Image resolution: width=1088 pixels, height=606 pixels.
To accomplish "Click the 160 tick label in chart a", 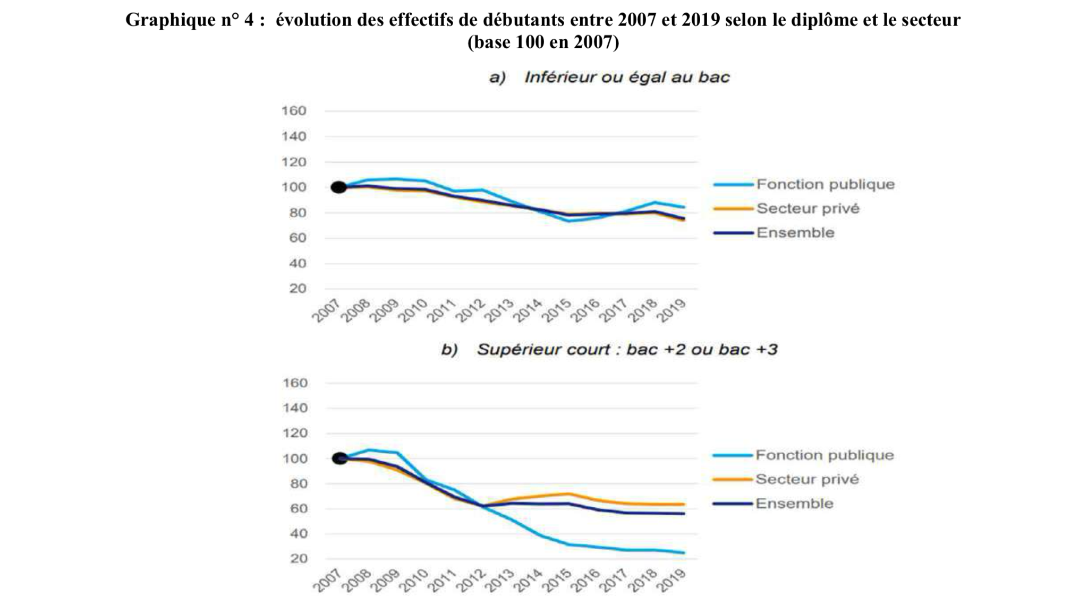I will [294, 111].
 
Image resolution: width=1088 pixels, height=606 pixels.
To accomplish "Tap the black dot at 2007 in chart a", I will [338, 187].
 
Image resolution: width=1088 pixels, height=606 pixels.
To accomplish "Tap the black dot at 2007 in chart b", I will [339, 458].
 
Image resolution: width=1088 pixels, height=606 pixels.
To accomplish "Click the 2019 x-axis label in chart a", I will [672, 310].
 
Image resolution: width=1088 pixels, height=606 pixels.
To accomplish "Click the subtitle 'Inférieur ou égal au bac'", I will [627, 77].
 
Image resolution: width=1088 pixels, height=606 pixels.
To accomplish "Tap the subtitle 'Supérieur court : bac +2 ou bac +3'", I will [627, 350].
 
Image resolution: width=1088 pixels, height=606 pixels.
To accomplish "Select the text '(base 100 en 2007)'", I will [543, 42].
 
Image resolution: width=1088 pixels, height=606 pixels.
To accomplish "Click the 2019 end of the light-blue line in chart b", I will [684, 552].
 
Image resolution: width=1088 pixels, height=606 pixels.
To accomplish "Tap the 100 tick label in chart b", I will [294, 458].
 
